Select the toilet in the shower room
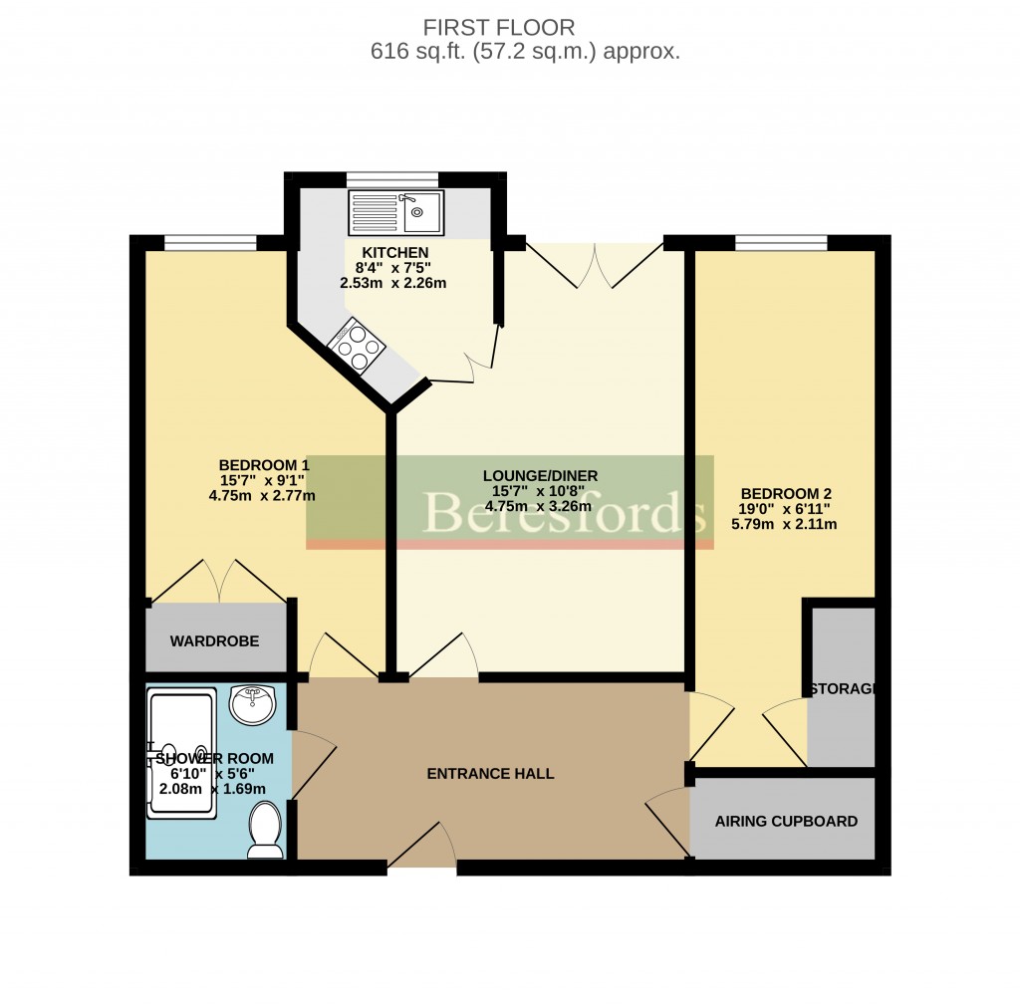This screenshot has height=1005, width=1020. (265, 830)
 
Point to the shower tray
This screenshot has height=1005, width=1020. (181, 753)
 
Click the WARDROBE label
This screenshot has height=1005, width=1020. (214, 640)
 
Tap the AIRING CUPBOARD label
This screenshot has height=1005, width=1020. (786, 822)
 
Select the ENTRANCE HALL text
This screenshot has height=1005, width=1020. (490, 774)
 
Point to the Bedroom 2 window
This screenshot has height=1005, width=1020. (781, 242)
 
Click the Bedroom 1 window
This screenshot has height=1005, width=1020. (210, 242)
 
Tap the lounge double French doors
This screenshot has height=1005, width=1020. (594, 265)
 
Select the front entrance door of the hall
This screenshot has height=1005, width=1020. (421, 847)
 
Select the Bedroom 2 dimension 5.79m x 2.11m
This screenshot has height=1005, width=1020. (786, 524)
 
